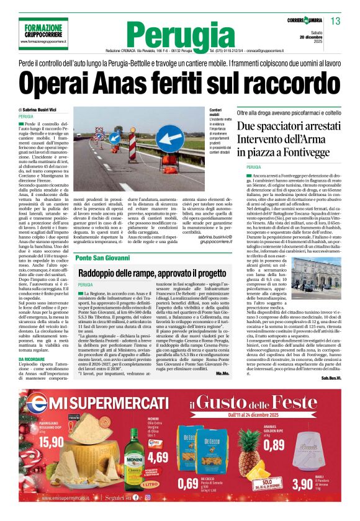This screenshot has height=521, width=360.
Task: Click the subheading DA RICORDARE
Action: pos(31,359)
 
